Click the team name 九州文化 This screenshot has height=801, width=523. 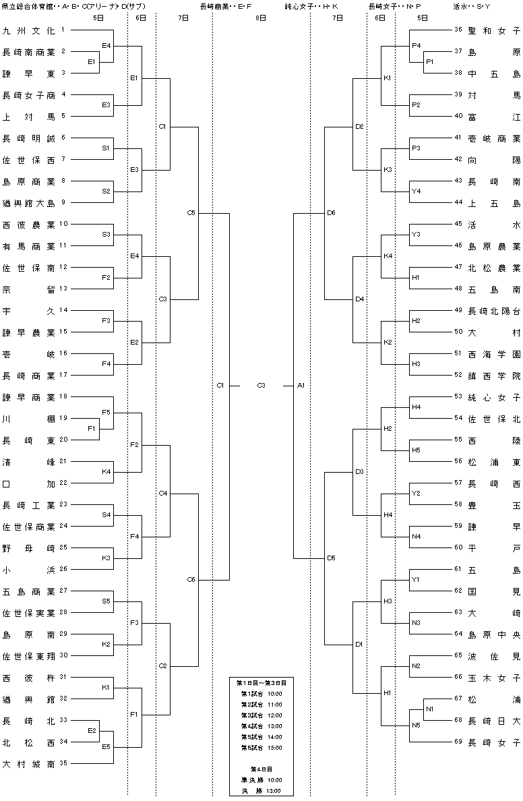pyautogui.click(x=28, y=30)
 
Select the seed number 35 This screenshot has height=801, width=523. pyautogui.click(x=63, y=763)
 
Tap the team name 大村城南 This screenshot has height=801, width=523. pyautogui.click(x=28, y=764)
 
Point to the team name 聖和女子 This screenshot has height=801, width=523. pyautogui.click(x=495, y=30)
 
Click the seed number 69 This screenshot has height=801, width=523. pyautogui.click(x=458, y=741)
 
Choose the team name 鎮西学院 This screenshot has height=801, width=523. pyautogui.click(x=495, y=376)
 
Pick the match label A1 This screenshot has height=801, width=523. pyautogui.click(x=301, y=385)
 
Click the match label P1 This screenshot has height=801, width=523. pyautogui.click(x=429, y=61)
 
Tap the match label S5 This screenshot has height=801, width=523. pyautogui.click(x=106, y=601)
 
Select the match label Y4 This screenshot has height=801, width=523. pyautogui.click(x=417, y=191)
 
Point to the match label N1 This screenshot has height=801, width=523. pyautogui.click(x=429, y=709)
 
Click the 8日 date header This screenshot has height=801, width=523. pyautogui.click(x=260, y=18)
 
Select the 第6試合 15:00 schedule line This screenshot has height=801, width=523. pyautogui.click(x=261, y=747)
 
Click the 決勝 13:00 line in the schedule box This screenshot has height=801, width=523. pyautogui.click(x=261, y=791)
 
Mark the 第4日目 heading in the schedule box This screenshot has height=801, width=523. pyautogui.click(x=261, y=769)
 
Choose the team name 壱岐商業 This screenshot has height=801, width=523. pyautogui.click(x=495, y=138)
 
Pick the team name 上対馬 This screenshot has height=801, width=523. pyautogui.click(x=28, y=117)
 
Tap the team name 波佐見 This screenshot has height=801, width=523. pyautogui.click(x=495, y=656)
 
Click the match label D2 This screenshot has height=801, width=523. pyautogui.click(x=360, y=126)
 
